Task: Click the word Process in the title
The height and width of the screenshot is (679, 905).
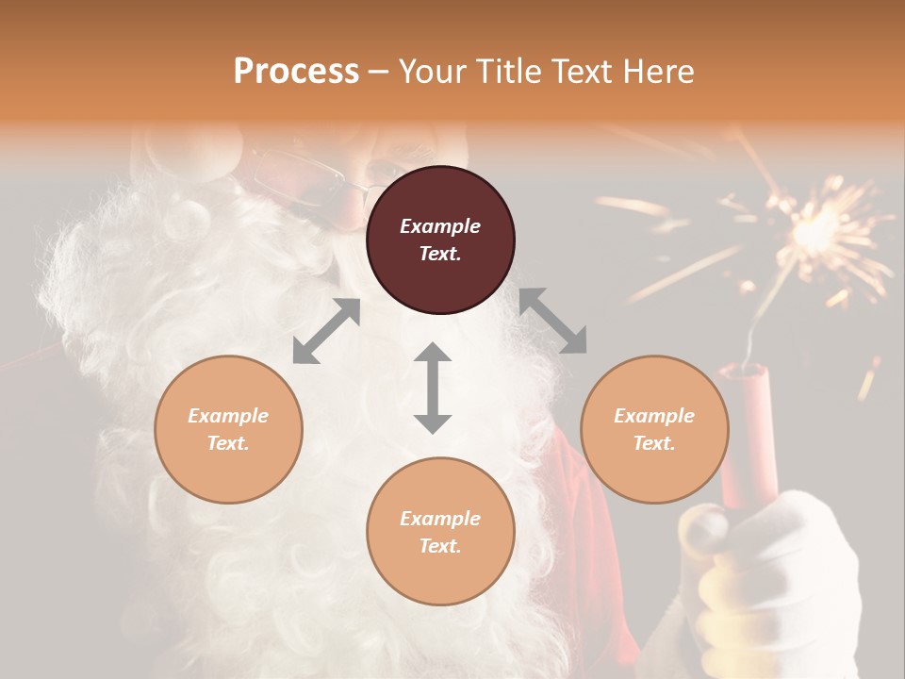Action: click(x=296, y=72)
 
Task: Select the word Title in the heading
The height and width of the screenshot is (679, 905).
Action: click(x=499, y=72)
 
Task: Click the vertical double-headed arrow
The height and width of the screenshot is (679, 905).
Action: click(x=433, y=388)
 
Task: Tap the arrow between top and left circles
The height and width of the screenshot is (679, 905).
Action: click(x=326, y=331)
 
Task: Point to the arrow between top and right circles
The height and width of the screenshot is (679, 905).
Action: click(x=552, y=321)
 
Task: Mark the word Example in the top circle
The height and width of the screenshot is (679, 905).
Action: click(x=440, y=226)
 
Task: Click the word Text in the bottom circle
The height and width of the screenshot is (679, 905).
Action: click(x=440, y=546)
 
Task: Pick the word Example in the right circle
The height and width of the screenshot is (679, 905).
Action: click(x=654, y=416)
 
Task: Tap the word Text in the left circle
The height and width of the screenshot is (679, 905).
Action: click(x=228, y=443)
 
